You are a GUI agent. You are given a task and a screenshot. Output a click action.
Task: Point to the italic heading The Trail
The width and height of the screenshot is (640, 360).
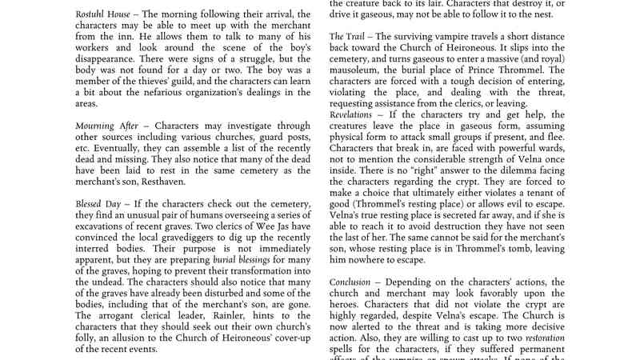pos(348,37)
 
